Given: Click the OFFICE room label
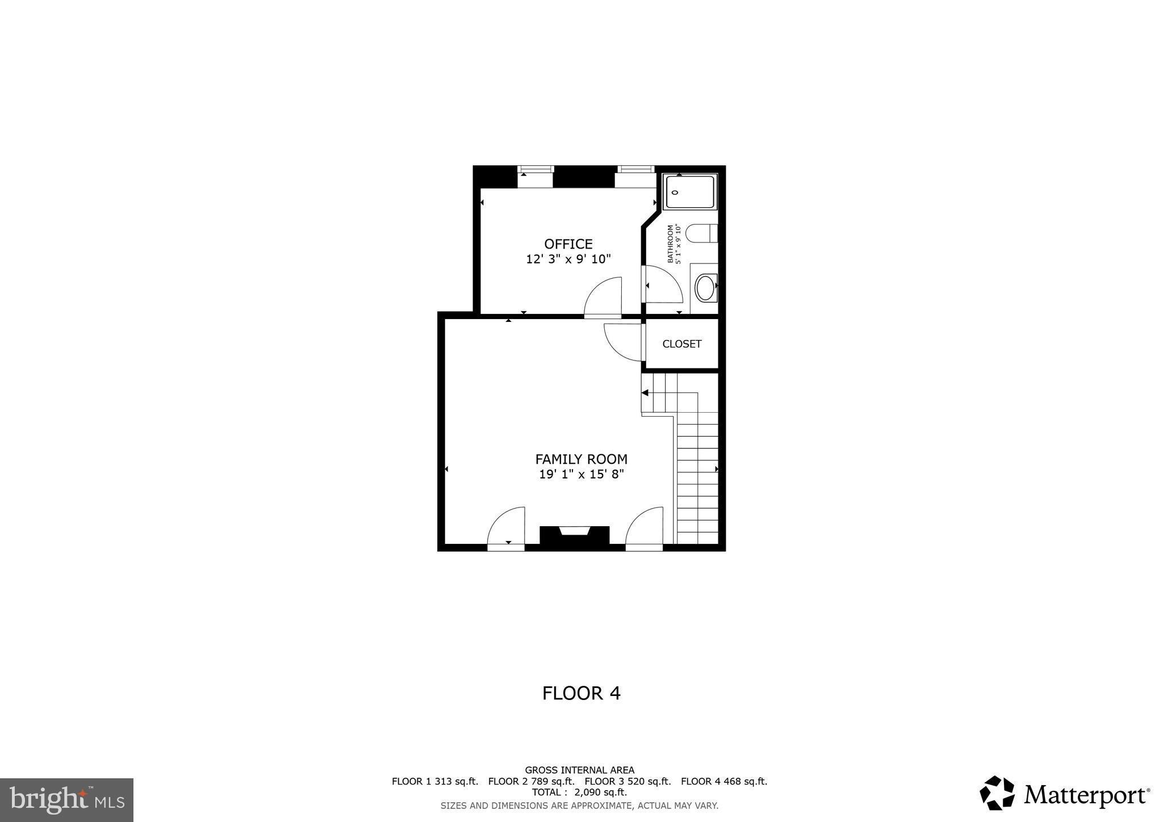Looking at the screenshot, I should [x=568, y=244].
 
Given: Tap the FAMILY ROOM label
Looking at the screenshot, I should [x=581, y=459].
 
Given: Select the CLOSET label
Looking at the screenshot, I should [x=681, y=344].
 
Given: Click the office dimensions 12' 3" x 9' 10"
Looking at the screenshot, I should [x=568, y=259].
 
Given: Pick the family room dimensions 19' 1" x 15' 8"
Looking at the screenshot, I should [x=581, y=474].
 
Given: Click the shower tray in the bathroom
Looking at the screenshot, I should [x=690, y=192].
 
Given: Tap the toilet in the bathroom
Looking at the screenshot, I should [x=701, y=233].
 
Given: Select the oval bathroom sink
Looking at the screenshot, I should [x=705, y=288].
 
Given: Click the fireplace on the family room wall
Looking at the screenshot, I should [x=574, y=535].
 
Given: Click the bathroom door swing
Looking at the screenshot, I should [x=662, y=284].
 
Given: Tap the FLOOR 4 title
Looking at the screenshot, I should [x=581, y=693].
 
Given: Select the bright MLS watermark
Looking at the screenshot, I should [x=66, y=800].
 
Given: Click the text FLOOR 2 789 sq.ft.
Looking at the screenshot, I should [x=531, y=781].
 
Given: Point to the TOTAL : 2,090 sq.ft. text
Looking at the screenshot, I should [x=579, y=792].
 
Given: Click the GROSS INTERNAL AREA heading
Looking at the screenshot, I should [x=579, y=770].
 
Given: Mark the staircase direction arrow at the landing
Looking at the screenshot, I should [x=645, y=392].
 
